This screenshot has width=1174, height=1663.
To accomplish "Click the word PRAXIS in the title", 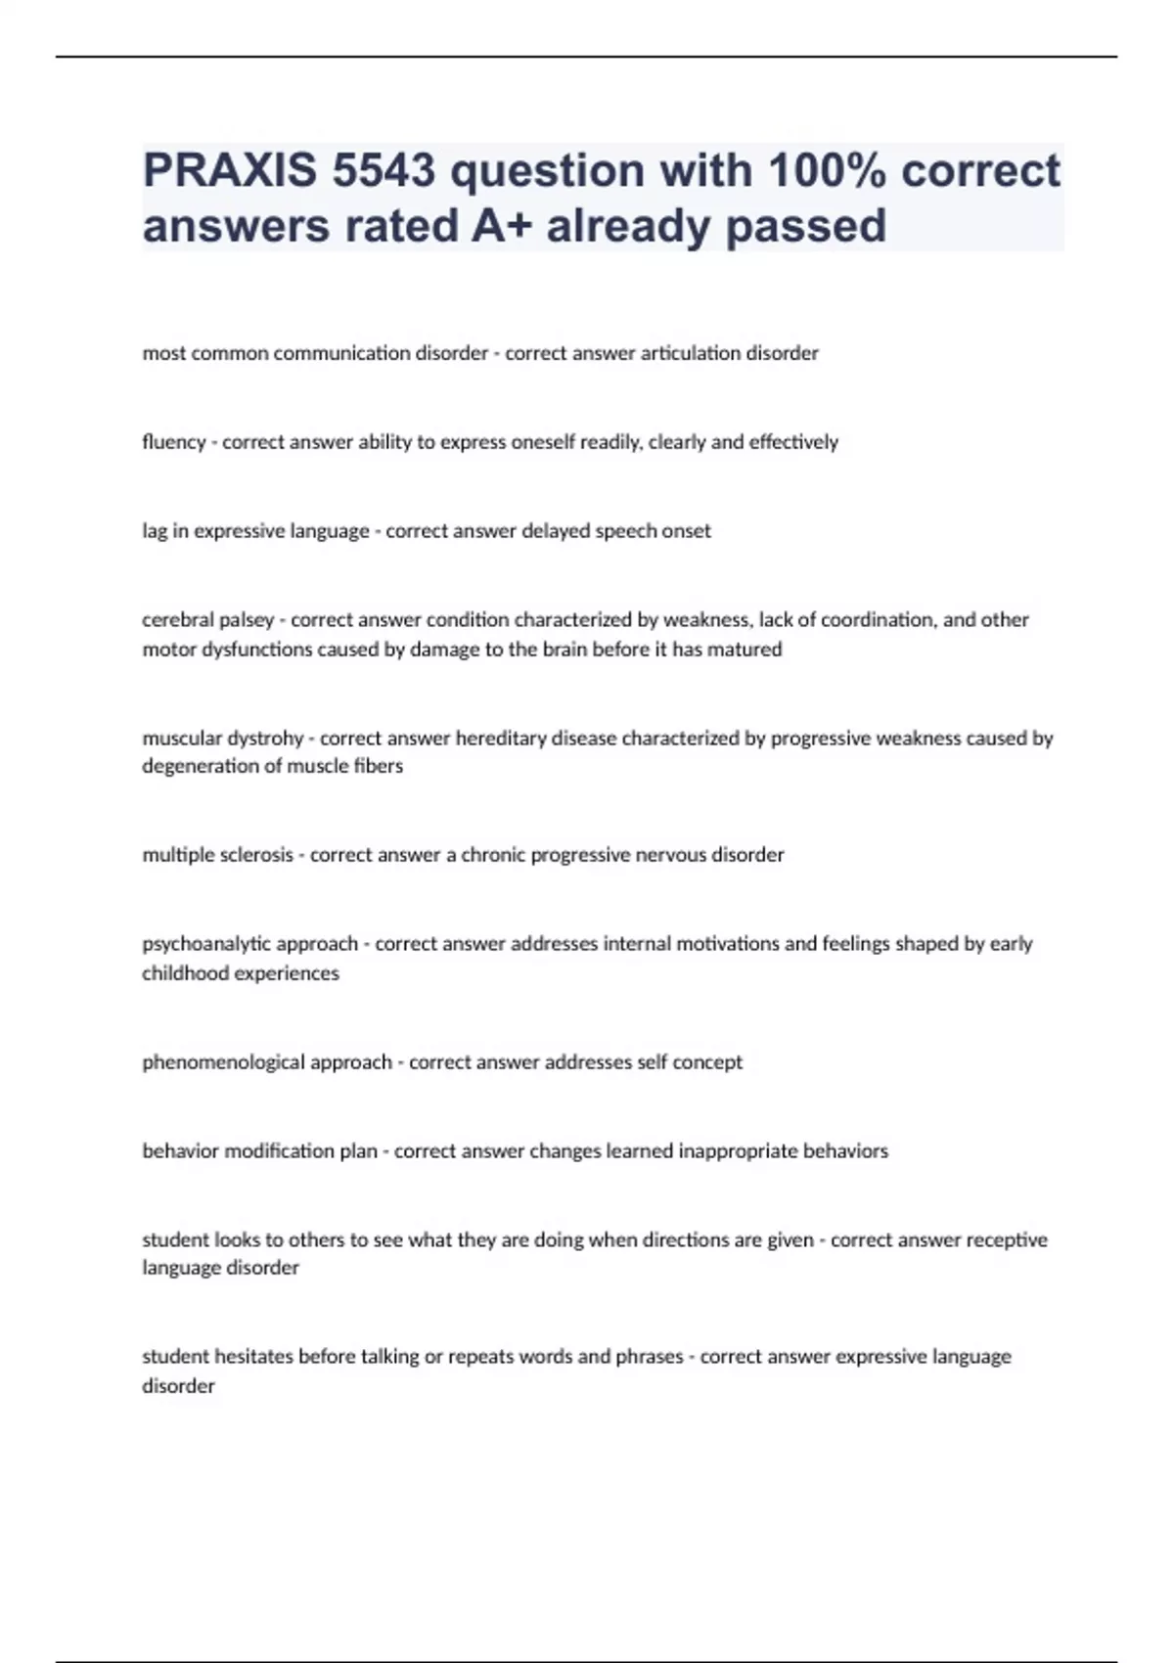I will tap(230, 171).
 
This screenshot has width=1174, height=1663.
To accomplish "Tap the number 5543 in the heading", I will tap(384, 171).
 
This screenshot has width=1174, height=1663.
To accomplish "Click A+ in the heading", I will tap(502, 226).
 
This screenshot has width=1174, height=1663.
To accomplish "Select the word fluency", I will tap(173, 442).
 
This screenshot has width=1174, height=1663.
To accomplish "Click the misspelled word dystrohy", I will tap(264, 739).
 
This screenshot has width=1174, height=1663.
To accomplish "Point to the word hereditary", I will tap(501, 739).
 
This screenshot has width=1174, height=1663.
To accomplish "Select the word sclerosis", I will tap(256, 855).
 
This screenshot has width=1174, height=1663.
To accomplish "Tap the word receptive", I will tap(1007, 1240).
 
